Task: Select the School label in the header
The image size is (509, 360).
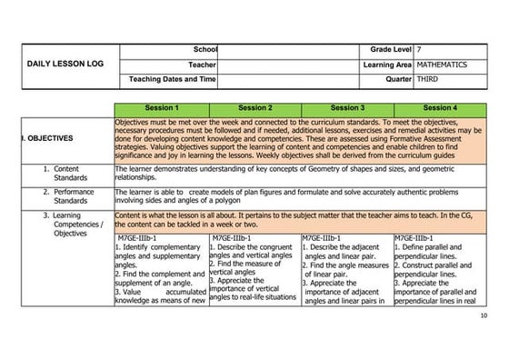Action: tap(205, 48)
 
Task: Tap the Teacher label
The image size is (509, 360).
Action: tap(202, 65)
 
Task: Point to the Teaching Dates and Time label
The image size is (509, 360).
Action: tap(173, 80)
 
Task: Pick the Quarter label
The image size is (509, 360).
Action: tap(399, 80)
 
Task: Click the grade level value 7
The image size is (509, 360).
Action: tap(419, 48)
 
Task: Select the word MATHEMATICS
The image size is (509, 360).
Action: tap(443, 65)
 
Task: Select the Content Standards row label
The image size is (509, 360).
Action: tap(66, 174)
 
